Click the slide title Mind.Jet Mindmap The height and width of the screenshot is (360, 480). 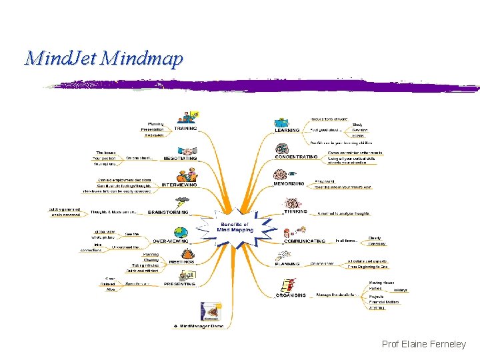pos(103,59)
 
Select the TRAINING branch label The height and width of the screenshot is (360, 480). pos(185,129)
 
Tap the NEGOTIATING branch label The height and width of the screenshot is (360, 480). pos(180,159)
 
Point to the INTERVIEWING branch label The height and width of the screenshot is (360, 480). pos(179,185)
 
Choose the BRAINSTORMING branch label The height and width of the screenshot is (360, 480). pos(168,212)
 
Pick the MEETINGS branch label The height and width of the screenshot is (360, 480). pos(181,262)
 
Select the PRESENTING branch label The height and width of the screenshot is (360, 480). pos(180,284)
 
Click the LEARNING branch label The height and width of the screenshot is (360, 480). pos(287,131)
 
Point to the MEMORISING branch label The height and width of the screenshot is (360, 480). pos(289,183)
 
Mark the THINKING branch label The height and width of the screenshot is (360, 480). pos(295,211)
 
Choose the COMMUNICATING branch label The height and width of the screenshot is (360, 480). pos(304,241)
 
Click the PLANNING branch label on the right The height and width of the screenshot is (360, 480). pos(288,265)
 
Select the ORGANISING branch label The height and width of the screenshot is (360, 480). pos(291,295)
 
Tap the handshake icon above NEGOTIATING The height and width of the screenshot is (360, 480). pos(189,151)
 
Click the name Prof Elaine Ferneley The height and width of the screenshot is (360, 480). pos(423,344)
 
